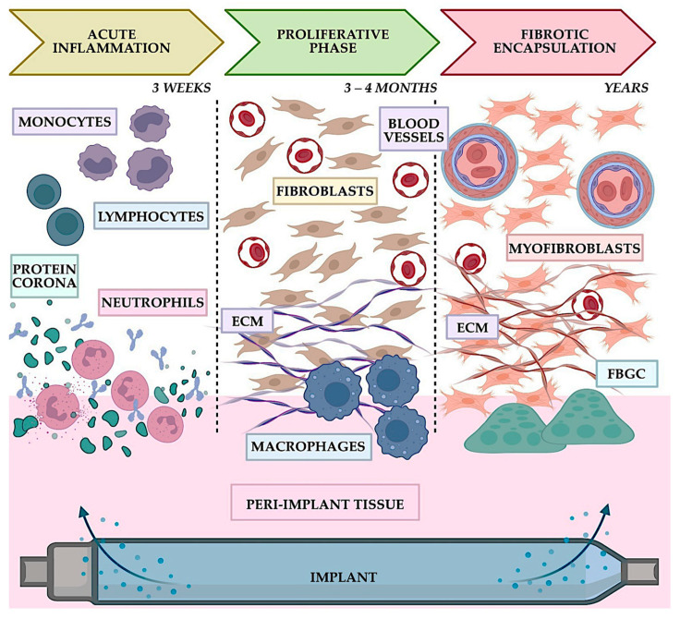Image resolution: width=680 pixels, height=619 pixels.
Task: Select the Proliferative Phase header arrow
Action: [333, 42]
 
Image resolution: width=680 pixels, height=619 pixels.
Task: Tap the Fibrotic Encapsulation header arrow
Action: [548, 42]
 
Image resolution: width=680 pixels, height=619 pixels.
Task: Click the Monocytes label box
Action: [65, 121]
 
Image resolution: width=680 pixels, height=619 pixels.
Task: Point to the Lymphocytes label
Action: [151, 216]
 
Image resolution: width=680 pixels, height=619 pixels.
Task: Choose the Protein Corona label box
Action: [44, 276]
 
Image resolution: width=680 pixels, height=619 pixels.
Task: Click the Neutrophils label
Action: [152, 302]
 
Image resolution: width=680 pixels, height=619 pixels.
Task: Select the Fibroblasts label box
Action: [325, 191]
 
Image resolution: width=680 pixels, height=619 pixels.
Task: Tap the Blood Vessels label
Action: [414, 129]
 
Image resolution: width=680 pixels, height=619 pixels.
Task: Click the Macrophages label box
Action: [309, 446]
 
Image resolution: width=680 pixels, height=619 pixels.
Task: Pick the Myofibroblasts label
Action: [575, 249]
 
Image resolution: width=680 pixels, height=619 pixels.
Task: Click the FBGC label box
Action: [626, 373]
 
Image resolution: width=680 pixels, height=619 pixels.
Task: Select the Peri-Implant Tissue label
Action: [325, 504]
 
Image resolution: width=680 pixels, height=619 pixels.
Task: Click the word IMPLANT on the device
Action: [344, 577]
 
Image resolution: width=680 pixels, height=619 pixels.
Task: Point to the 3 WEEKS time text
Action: [181, 88]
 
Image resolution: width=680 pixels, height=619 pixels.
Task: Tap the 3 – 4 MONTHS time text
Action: [390, 88]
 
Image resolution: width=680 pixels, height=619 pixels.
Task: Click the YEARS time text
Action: [626, 88]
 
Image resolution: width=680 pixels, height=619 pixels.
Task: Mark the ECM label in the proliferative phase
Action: [248, 322]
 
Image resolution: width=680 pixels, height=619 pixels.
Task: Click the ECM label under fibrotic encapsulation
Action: [472, 327]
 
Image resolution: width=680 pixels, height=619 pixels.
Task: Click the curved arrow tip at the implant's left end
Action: [81, 510]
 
